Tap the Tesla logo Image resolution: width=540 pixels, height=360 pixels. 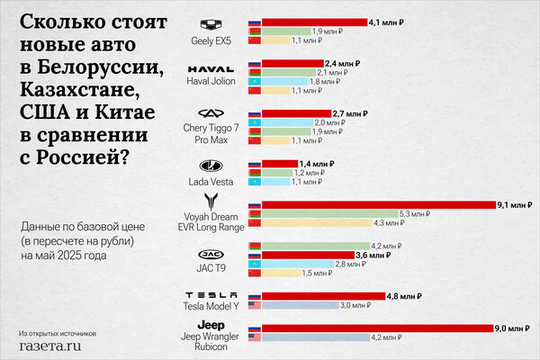tap(211, 295)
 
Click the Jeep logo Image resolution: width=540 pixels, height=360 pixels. tap(211, 325)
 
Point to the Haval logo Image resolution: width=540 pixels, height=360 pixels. tap(211, 68)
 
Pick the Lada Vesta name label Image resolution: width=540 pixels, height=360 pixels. tap(211, 182)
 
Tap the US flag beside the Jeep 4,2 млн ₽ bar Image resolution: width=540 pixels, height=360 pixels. tap(254, 337)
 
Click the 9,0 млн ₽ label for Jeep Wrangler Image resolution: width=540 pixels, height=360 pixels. tap(510, 328)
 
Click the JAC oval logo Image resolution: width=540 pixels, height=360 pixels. tap(211, 254)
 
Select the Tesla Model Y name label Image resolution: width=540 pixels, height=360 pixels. tap(211, 308)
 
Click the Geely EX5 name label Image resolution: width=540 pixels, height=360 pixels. tap(211, 40)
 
